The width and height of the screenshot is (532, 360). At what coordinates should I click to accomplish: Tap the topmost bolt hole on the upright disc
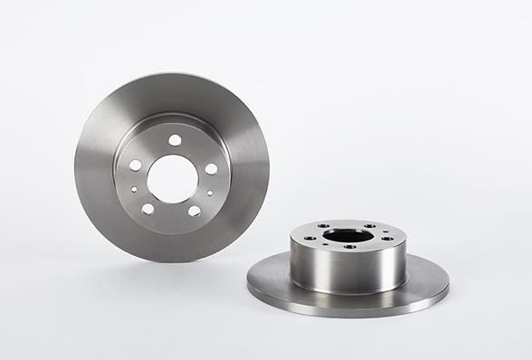pyautogui.click(x=176, y=138)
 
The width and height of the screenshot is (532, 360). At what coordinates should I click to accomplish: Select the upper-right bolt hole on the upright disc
pyautogui.click(x=211, y=169)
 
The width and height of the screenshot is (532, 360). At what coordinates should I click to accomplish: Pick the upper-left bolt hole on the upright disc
pyautogui.click(x=136, y=166)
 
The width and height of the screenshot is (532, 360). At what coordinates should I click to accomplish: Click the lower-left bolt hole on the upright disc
pyautogui.click(x=147, y=208)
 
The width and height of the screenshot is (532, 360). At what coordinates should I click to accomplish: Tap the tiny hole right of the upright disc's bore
pyautogui.click(x=209, y=192)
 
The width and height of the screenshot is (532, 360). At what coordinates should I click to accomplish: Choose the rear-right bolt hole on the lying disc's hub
pyautogui.click(x=371, y=227)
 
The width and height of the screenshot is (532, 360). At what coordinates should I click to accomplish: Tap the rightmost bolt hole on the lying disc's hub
pyautogui.click(x=387, y=239)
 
